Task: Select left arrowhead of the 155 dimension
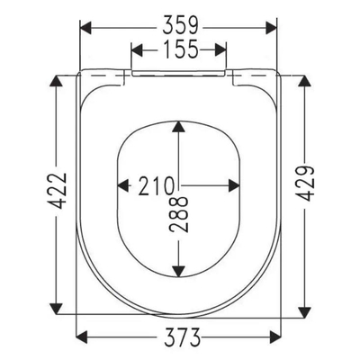tap(137, 52)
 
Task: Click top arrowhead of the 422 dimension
tap(57, 81)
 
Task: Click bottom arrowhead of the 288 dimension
tap(181, 269)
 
